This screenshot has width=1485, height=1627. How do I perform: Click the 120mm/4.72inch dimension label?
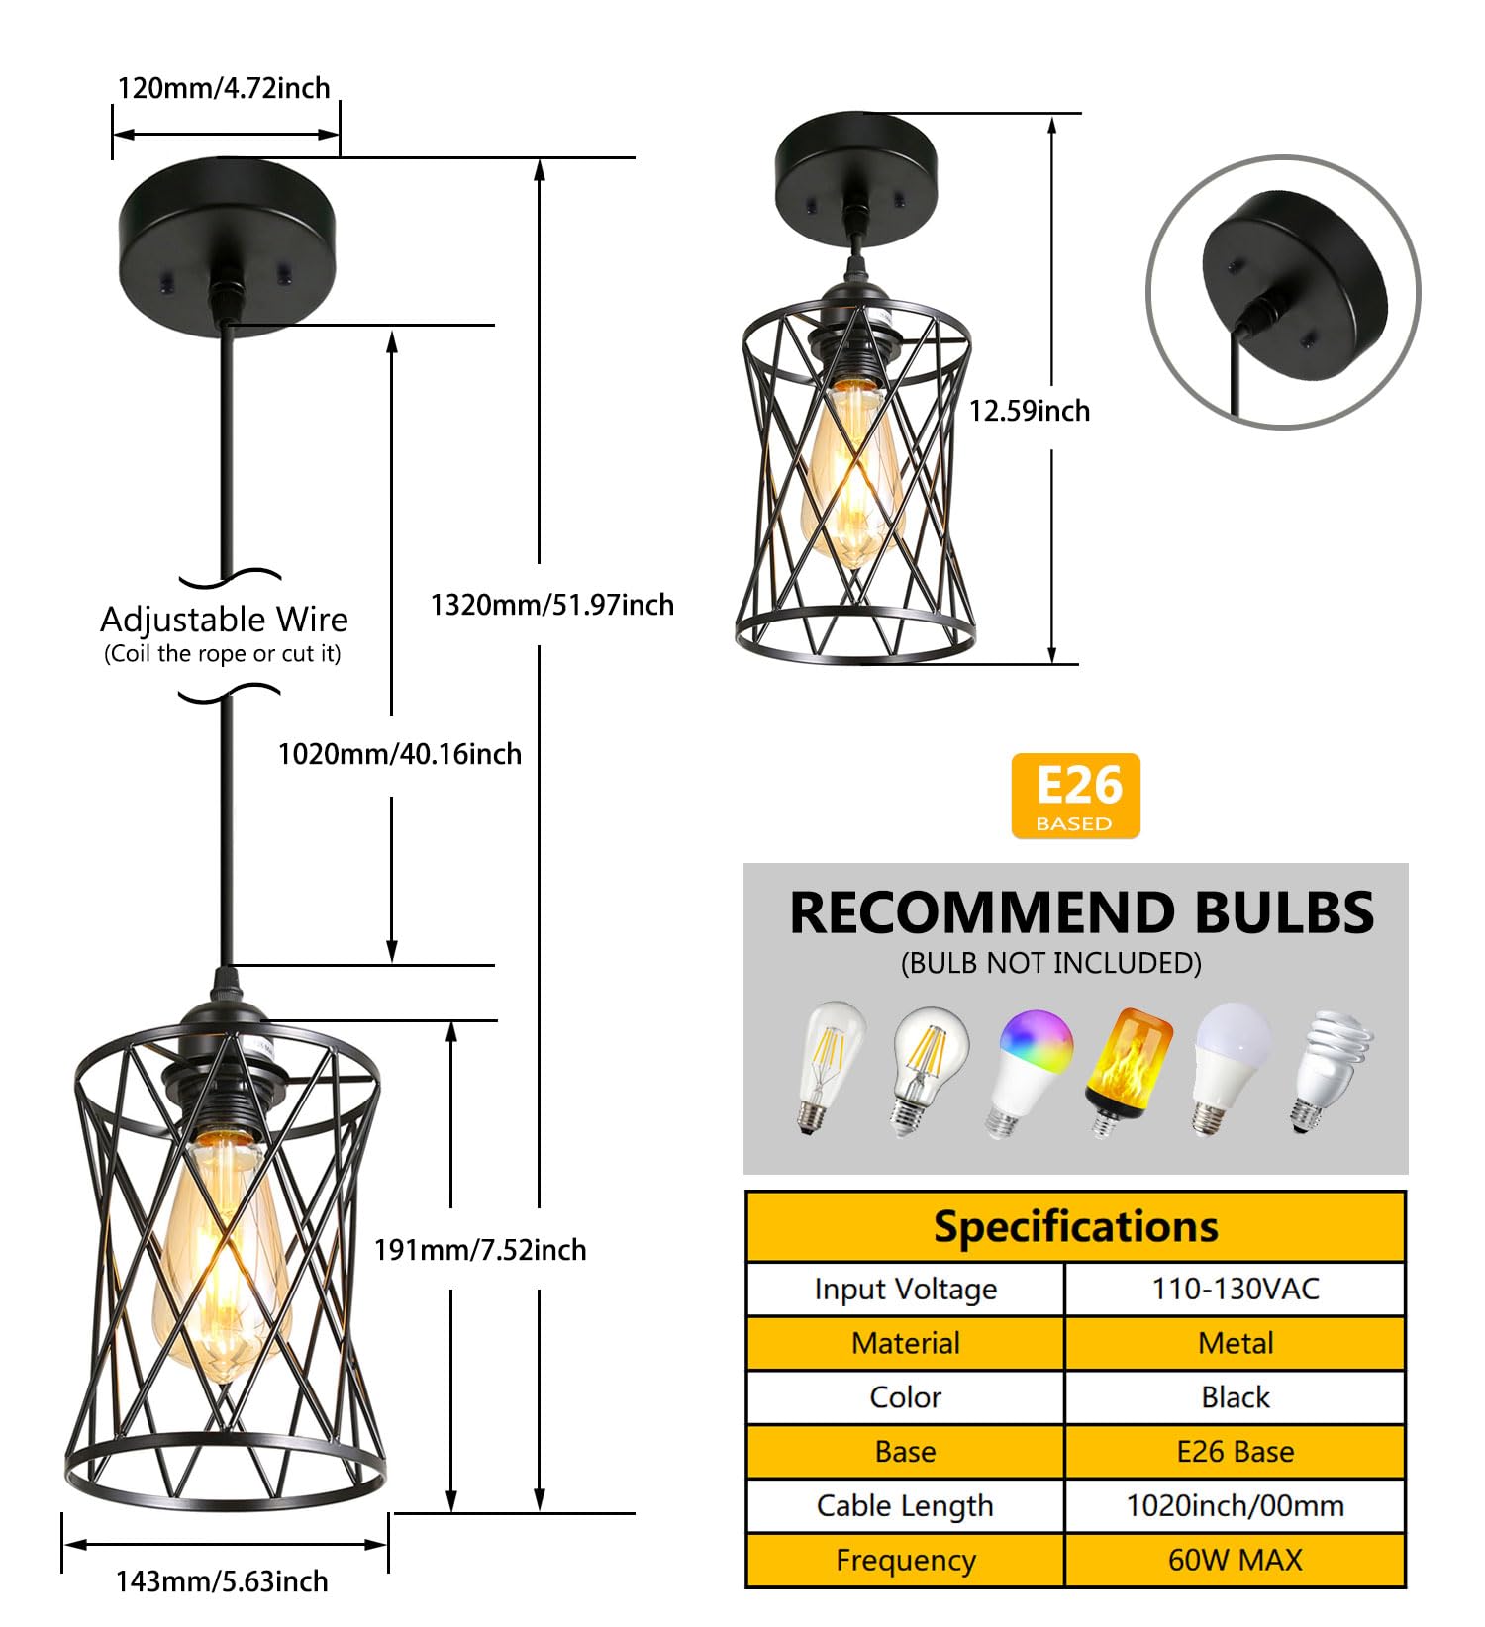click(x=224, y=88)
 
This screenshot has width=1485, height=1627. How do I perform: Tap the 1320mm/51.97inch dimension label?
click(x=551, y=605)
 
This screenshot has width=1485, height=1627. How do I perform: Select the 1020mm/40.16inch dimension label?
click(x=399, y=754)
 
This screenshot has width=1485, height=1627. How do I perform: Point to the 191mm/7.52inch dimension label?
click(x=480, y=1250)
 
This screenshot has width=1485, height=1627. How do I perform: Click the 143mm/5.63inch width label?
click(x=222, y=1581)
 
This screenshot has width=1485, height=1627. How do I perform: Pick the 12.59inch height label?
click(x=1029, y=411)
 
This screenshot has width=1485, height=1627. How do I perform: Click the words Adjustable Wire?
click(x=224, y=620)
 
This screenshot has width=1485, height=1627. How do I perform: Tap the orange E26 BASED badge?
click(x=1075, y=796)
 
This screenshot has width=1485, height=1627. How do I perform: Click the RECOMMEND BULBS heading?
click(x=1081, y=912)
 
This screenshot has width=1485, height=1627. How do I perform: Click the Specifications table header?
click(x=1075, y=1226)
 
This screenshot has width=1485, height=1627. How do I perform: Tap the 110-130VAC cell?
click(x=1235, y=1289)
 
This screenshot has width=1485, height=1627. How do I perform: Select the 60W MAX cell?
click(x=1235, y=1560)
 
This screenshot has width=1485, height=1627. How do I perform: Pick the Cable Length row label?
click(x=905, y=1505)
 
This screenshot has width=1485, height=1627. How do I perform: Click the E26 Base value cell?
click(x=1235, y=1451)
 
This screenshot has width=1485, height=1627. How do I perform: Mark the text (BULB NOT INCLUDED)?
click(x=1050, y=963)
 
